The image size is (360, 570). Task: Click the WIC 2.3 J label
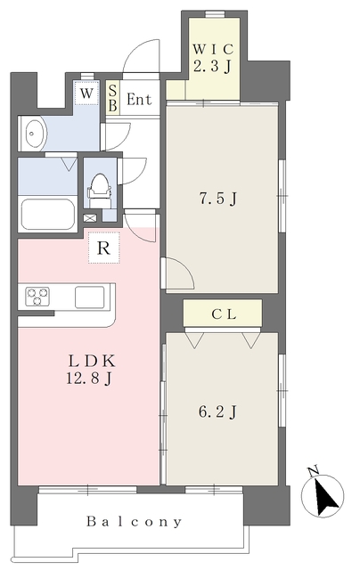pos(213,58)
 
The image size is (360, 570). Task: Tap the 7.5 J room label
pos(217,199)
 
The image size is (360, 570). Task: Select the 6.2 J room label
pos(217,411)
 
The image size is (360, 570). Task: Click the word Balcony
pos(135,522)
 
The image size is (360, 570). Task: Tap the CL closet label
pos(224,314)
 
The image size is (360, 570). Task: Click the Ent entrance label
pos(139,99)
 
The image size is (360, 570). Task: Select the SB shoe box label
pos(113,98)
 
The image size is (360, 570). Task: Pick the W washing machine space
pos(86,94)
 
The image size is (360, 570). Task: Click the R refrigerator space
pos(104,248)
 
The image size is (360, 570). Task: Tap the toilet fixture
pos(99,191)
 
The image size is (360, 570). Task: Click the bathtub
pos(47,215)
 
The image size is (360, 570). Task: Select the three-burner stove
pos(37,297)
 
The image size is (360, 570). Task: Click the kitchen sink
pos(89,297)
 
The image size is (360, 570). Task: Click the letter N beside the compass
pos(313,471)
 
